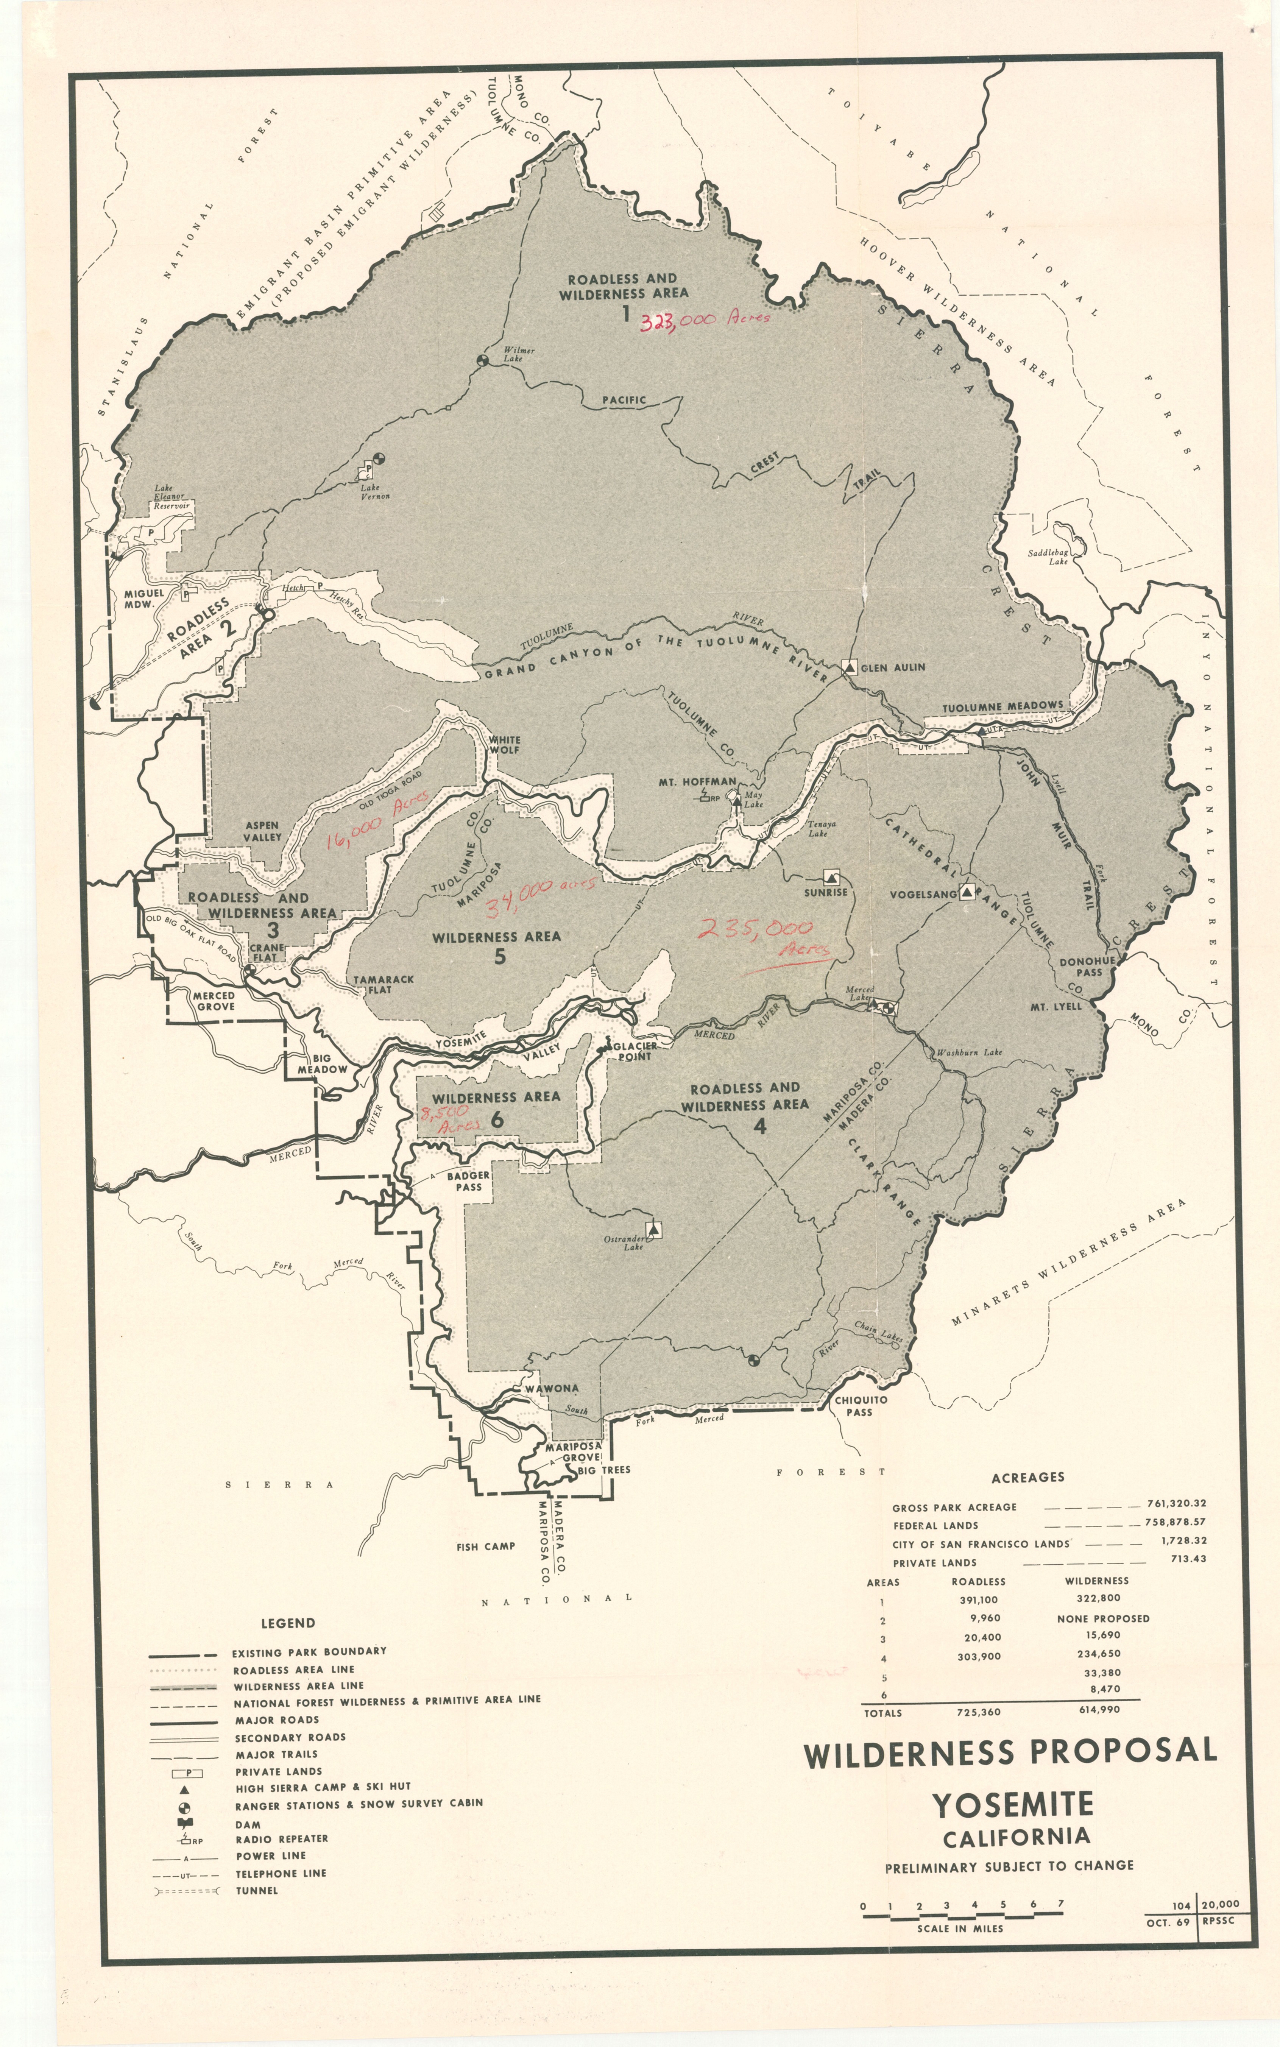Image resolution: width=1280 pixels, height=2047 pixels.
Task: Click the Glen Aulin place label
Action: (x=892, y=667)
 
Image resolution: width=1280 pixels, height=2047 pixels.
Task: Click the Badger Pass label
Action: (x=468, y=1181)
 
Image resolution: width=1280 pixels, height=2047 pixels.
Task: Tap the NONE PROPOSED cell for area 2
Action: (x=1102, y=1618)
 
